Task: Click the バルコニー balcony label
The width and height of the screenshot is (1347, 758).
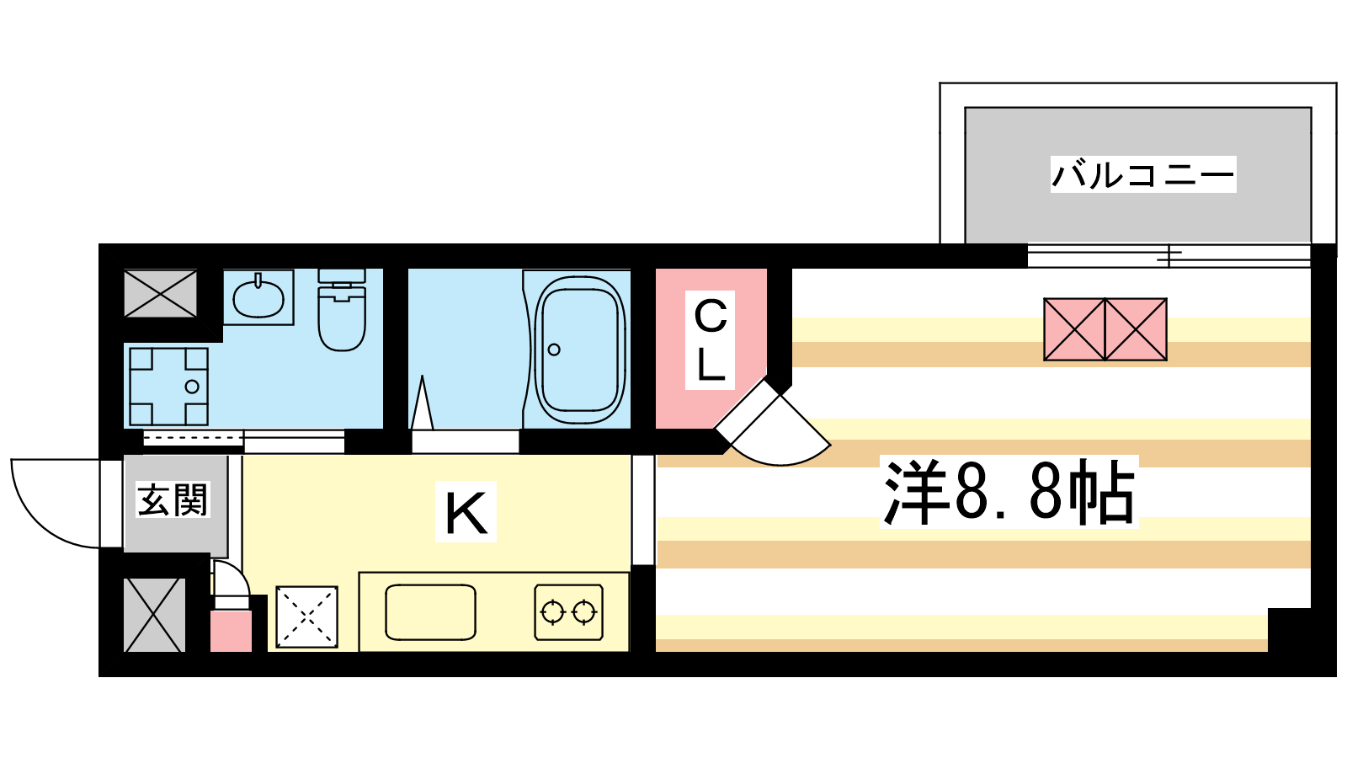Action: [x=1143, y=174]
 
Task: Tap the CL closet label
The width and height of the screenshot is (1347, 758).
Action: [x=711, y=340]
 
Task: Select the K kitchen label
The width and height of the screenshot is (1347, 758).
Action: [x=466, y=512]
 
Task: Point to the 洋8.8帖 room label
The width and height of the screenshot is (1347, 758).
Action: [x=1009, y=492]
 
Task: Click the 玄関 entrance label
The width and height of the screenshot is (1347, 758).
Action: [x=173, y=499]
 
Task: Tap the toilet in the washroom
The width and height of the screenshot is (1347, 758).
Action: [x=342, y=309]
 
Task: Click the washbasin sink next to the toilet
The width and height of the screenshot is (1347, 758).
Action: [x=258, y=297]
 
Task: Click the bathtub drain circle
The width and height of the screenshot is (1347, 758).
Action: [x=554, y=350]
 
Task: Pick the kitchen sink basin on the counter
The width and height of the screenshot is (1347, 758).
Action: [x=430, y=612]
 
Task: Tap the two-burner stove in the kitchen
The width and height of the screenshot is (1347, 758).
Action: [x=569, y=612]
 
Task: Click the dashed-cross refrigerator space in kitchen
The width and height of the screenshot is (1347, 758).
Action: [x=306, y=617]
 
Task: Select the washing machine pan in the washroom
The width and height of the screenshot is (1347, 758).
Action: [x=168, y=387]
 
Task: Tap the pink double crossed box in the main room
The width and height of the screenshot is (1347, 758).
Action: [x=1105, y=329]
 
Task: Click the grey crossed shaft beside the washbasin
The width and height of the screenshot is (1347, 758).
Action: [x=161, y=293]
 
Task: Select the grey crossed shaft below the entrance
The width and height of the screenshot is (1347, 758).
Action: [x=155, y=615]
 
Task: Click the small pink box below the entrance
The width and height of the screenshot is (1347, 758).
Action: [x=231, y=631]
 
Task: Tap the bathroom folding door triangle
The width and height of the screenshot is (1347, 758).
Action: [x=422, y=403]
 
